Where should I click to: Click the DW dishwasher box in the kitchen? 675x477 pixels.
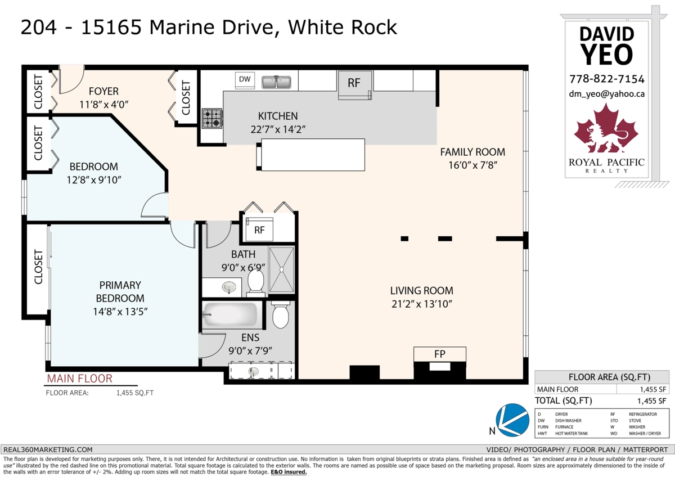coord(245,80)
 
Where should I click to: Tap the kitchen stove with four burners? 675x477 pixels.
coord(212,118)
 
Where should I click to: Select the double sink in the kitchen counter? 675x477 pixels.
coord(276,82)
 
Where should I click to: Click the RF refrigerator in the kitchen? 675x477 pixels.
coord(354,84)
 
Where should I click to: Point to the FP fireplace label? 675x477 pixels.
coord(439,354)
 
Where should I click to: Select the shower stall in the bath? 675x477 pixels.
coord(282,269)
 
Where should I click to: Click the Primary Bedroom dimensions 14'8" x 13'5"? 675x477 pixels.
coord(119,310)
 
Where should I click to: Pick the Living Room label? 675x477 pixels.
coord(422,291)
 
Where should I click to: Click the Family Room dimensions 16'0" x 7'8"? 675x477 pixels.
coord(472,165)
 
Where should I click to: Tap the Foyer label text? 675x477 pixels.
coord(103,91)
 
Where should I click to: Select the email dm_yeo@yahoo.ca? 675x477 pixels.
coord(607,94)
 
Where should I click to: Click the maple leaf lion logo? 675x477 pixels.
coord(607,130)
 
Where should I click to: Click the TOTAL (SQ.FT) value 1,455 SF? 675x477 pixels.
coord(652,400)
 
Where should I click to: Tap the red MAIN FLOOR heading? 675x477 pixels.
coord(79,379)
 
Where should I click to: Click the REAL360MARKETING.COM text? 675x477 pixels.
coord(48,449)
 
